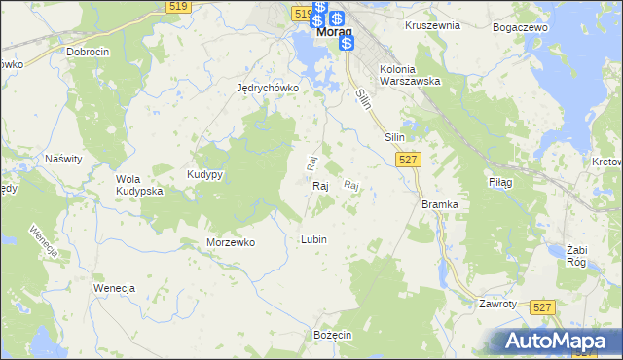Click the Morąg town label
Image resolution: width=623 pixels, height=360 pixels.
(x=333, y=31)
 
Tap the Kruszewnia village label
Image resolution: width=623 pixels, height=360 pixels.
(x=432, y=25)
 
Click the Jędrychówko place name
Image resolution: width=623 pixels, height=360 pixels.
(x=267, y=87)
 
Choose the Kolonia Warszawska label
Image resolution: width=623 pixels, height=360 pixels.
(x=411, y=75)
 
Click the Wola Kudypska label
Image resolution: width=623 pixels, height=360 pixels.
(x=139, y=185)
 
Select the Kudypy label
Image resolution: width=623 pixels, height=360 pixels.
(x=205, y=174)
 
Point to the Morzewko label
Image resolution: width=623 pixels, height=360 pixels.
(x=231, y=242)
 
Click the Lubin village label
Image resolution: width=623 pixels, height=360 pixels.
(x=313, y=239)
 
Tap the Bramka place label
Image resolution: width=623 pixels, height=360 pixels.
(x=439, y=204)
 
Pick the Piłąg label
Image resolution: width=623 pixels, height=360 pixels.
(x=498, y=182)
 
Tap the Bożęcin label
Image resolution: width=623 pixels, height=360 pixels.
(x=332, y=334)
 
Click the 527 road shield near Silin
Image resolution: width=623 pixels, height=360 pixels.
(x=409, y=160)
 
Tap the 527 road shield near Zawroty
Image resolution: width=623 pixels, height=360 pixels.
(x=544, y=306)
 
